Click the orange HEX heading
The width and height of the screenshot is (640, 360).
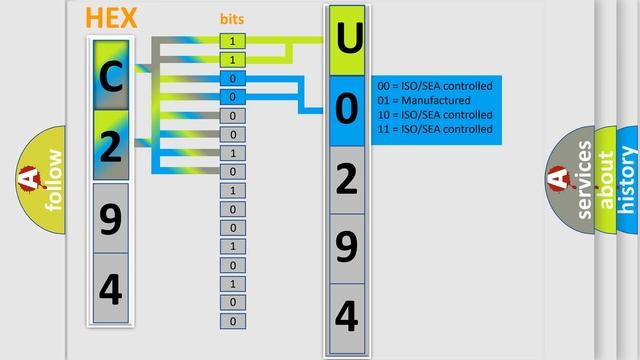pyautogui.click(x=111, y=18)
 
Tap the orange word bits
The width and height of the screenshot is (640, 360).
pyautogui.click(x=232, y=19)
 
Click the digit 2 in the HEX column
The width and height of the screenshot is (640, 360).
pyautogui.click(x=110, y=146)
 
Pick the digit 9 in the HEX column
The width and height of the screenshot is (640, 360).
pyautogui.click(x=110, y=217)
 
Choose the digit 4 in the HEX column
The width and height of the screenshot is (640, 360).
pyautogui.click(x=110, y=288)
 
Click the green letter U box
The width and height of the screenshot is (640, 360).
pyautogui.click(x=346, y=41)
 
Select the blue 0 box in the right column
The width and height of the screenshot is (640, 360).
pyautogui.click(x=346, y=109)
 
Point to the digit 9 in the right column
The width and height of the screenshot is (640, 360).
pyautogui.click(x=346, y=247)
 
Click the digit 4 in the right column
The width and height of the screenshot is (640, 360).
pyautogui.click(x=346, y=316)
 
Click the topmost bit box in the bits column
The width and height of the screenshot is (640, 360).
pyautogui.click(x=232, y=41)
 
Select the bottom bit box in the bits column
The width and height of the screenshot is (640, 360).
pyautogui.click(x=232, y=321)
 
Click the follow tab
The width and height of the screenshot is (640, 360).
pyautogui.click(x=45, y=180)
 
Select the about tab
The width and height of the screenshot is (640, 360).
pyautogui.click(x=606, y=180)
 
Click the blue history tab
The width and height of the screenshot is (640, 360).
pyautogui.click(x=628, y=180)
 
